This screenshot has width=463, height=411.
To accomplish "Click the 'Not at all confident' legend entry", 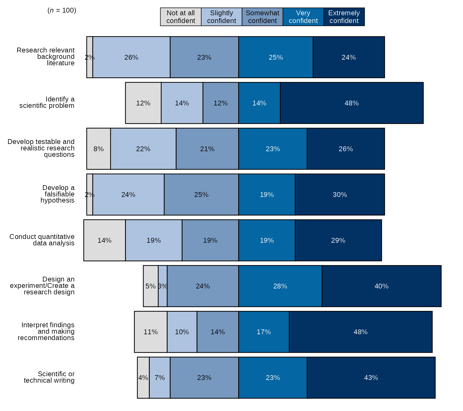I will point(181,17).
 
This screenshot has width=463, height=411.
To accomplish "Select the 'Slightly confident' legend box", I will point(222,17).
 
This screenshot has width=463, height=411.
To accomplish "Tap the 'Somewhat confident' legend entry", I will point(262,17).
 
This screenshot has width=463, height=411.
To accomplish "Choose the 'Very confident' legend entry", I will point(303,17).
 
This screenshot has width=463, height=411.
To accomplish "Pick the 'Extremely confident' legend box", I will point(344,17).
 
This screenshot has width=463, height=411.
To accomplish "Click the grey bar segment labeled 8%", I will point(99,149).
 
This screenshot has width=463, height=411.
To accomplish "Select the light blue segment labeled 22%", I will point(143,149).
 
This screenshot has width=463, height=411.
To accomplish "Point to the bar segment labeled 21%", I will point(207,149).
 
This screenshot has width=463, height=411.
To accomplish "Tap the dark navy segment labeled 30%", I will point(340,195).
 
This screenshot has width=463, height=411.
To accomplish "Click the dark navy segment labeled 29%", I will point(338,240).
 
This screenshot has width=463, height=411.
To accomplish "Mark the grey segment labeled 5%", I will point(151,286).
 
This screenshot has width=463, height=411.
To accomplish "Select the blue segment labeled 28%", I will point(280,286).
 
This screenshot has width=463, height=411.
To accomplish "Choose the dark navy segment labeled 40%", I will point(381,286).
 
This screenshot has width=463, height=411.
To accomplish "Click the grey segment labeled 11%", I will point(151,332).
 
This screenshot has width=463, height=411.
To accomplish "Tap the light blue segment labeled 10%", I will point(182,332).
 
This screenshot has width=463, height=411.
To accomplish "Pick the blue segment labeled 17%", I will point(264,332).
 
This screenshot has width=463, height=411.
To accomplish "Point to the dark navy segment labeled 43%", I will point(371,378).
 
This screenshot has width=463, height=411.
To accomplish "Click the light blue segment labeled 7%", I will point(160,378).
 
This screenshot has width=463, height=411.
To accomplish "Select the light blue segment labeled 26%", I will point(131,57).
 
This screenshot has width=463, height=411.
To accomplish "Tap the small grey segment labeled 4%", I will point(143,378).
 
